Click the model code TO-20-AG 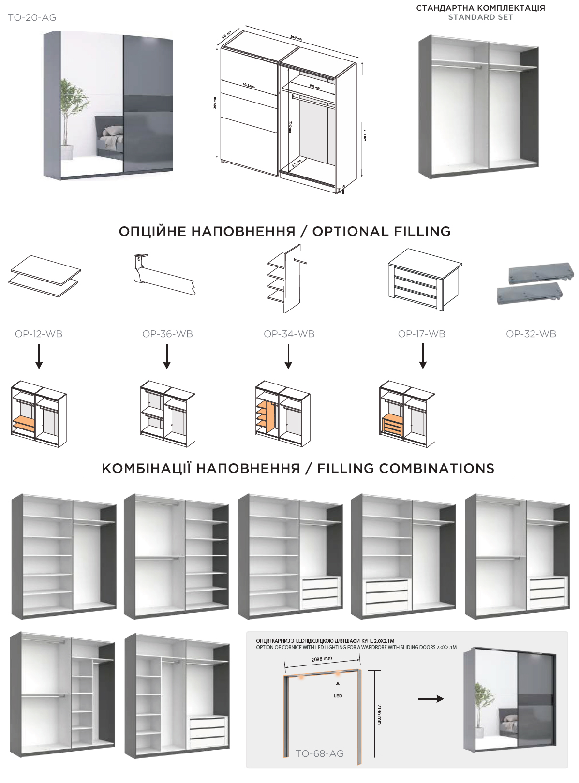pos(32,18)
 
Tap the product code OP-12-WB pos(39,334)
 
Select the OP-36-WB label pos(167,334)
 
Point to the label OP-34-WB pos(289,334)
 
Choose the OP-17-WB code pos(421,334)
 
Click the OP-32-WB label pos(531,334)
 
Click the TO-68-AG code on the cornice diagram pos(319,753)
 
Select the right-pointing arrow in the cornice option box pos(431,698)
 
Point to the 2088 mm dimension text pos(322,659)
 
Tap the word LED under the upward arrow pos(338,696)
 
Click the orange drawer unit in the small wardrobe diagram pos(392,426)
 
